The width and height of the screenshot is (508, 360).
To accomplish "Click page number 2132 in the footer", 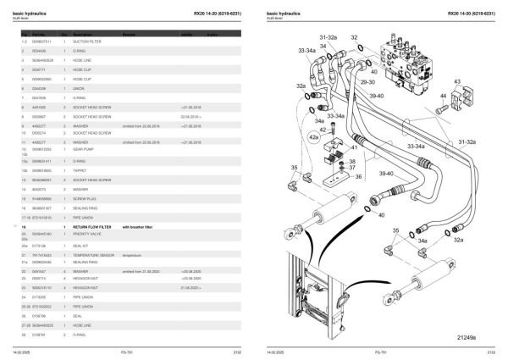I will (x=237, y=352).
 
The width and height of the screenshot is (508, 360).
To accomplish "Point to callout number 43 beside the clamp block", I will (x=457, y=82).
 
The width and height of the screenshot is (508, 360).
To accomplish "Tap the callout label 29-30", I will (x=367, y=83).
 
